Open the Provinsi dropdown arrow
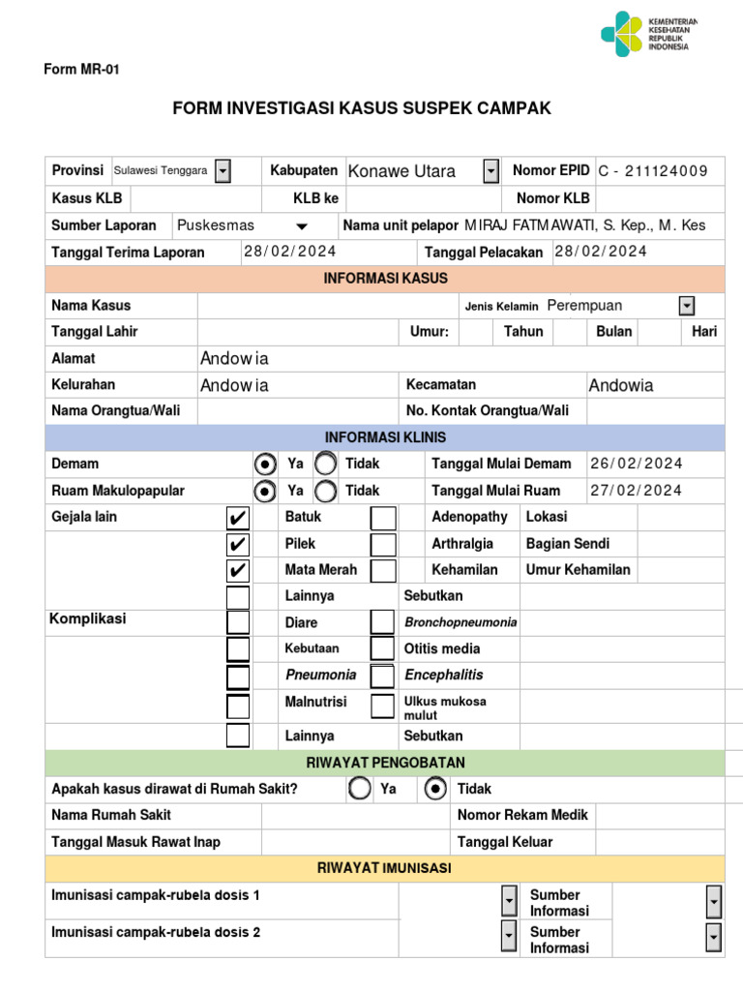pyautogui.click(x=223, y=171)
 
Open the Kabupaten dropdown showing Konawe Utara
pyautogui.click(x=490, y=171)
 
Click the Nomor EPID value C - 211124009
pyautogui.click(x=653, y=171)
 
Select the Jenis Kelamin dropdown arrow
pyautogui.click(x=687, y=306)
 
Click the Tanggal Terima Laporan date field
pyautogui.click(x=290, y=252)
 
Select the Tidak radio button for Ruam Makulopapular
pyautogui.click(x=326, y=491)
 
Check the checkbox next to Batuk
pyautogui.click(x=238, y=518)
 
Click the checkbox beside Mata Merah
pyautogui.click(x=238, y=570)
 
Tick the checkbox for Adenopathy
pyautogui.click(x=383, y=518)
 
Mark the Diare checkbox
pyautogui.click(x=238, y=622)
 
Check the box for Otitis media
pyautogui.click(x=383, y=648)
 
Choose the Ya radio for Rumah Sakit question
pyautogui.click(x=360, y=789)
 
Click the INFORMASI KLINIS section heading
pyautogui.click(x=384, y=437)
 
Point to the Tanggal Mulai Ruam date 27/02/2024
pyautogui.click(x=637, y=491)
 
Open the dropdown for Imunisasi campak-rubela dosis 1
pyautogui.click(x=509, y=901)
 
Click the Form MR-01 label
pyautogui.click(x=81, y=70)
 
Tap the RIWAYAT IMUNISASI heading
pyautogui.click(x=384, y=868)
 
